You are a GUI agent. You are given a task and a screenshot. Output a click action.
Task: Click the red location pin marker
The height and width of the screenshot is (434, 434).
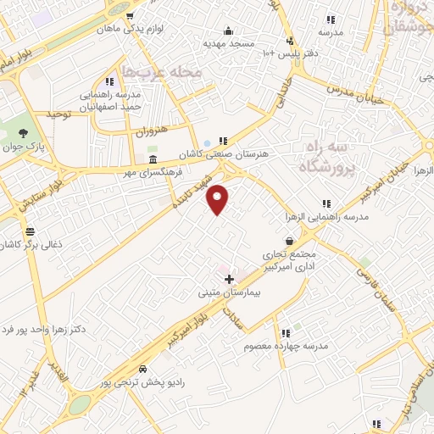coord(218,199)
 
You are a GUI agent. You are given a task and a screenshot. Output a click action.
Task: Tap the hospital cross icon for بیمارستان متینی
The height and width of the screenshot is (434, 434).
coord(229,279)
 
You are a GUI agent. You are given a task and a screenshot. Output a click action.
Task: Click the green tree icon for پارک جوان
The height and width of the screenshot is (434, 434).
coord(23,133)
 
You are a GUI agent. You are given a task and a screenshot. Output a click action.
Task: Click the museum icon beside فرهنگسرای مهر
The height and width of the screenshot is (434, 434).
coord(153,159)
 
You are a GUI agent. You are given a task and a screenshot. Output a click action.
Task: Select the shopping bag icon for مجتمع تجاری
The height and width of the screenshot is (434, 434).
coord(290,242)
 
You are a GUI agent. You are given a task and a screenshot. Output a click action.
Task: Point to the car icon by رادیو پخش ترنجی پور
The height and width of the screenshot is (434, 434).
coord(142,370)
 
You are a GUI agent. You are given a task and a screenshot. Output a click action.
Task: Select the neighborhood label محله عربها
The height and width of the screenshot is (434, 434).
coord(162,72)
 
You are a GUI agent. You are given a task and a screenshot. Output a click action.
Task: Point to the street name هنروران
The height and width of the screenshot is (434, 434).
coord(153,130)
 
